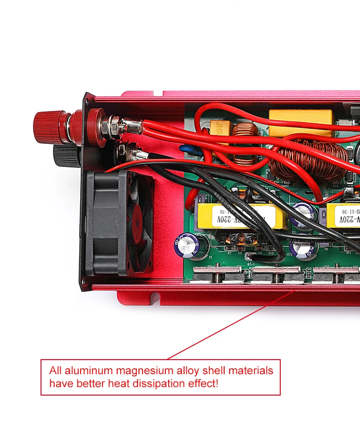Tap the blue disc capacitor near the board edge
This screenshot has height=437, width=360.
click(x=187, y=148)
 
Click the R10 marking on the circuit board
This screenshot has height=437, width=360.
click(x=271, y=253)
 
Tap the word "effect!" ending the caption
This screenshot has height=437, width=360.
click(x=203, y=383)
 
